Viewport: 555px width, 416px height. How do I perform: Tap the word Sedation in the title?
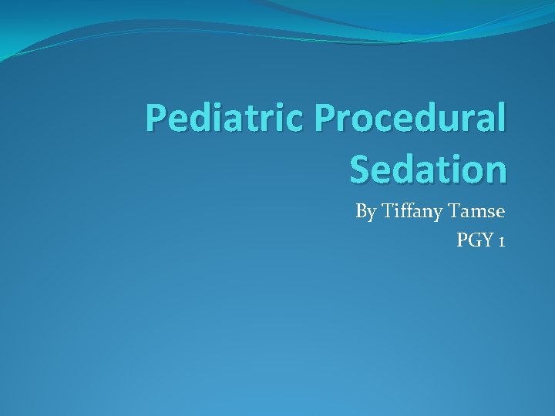click(x=428, y=169)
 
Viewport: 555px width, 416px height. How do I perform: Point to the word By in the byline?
click(x=365, y=212)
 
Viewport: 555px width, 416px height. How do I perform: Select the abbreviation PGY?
click(x=475, y=241)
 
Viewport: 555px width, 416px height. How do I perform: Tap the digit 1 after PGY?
click(x=502, y=241)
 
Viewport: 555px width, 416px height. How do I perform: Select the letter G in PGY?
click(x=475, y=240)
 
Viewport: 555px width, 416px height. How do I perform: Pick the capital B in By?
click(x=361, y=210)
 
